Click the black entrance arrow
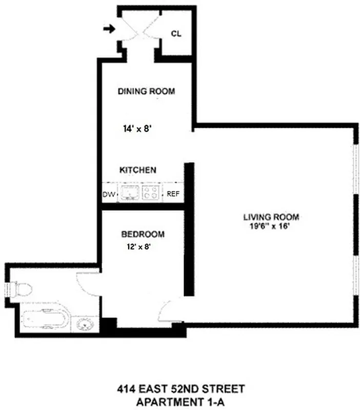tap(108, 29)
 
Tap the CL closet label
tap(176, 34)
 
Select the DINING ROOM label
tap(146, 92)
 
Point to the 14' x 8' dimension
tap(137, 129)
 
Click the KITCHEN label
tap(137, 170)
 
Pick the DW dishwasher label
tap(108, 194)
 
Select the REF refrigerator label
tap(171, 194)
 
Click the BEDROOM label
tap(143, 235)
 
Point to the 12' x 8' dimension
tap(138, 247)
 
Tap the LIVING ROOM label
tap(271, 217)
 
